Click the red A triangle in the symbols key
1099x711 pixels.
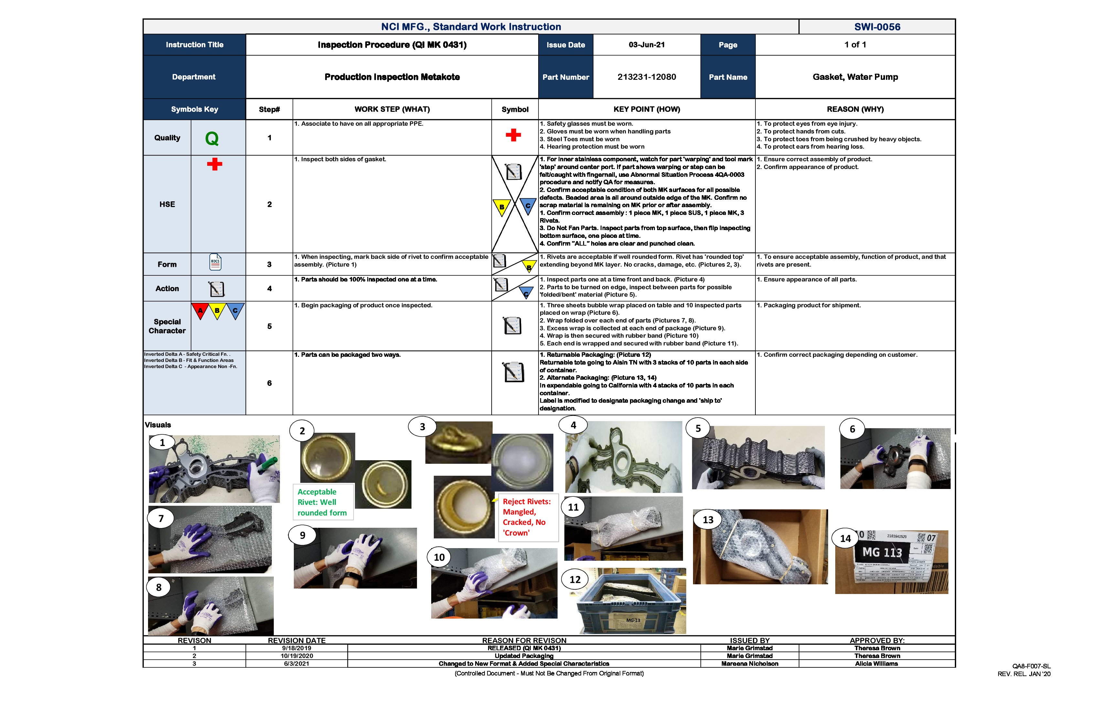pos(200,311)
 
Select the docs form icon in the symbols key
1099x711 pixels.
pos(215,262)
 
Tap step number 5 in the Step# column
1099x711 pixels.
pos(269,326)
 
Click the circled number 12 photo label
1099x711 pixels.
pos(575,579)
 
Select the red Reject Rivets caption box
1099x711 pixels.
pos(526,517)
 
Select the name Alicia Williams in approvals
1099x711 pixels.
pos(876,664)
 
